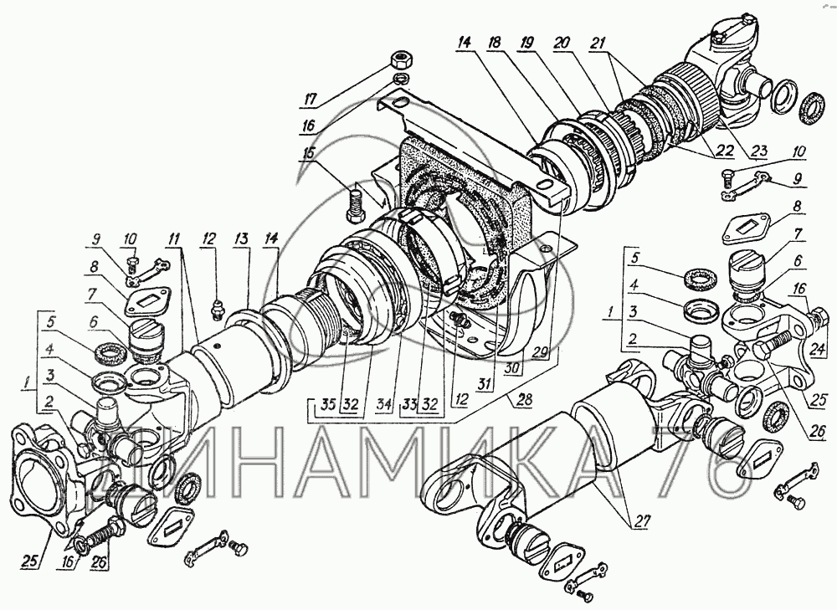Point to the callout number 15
coord(311,154)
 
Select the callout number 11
coord(172,240)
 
